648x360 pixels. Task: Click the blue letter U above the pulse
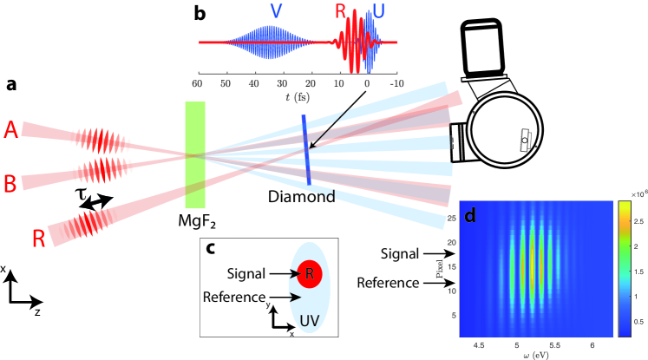tap(379, 11)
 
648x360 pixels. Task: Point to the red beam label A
tap(10, 128)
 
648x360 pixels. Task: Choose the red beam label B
tap(10, 183)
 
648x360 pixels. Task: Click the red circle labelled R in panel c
tap(310, 275)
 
